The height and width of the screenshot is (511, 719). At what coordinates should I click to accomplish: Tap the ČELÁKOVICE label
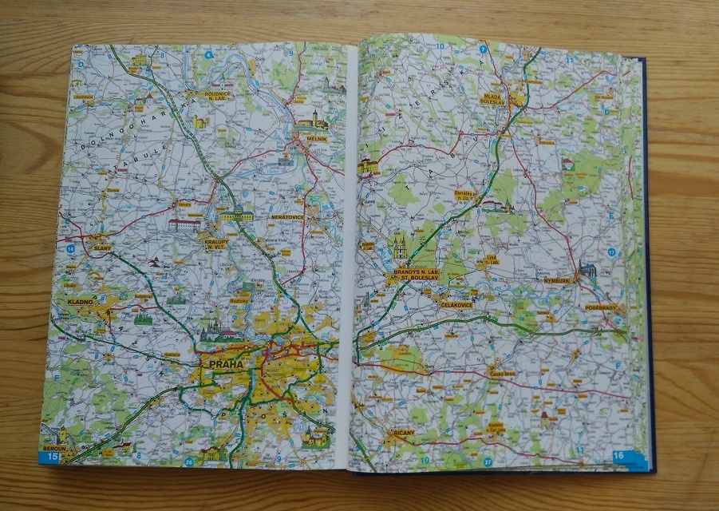[x=456, y=304]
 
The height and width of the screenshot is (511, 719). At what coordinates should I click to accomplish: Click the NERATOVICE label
[x=287, y=216]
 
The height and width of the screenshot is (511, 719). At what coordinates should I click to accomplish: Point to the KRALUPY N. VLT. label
[x=216, y=244]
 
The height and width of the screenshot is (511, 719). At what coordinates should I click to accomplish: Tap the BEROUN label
[x=53, y=450]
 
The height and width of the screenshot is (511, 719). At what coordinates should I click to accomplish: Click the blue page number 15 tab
[x=52, y=457]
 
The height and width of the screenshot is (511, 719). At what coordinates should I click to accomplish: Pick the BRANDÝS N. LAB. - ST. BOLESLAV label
[x=413, y=276]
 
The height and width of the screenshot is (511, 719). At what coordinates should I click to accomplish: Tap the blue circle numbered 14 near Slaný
[x=71, y=249]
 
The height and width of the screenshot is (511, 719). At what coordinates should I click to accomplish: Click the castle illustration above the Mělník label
[x=314, y=121]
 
